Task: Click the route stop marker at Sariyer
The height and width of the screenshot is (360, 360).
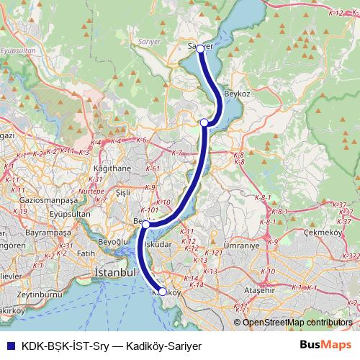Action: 200,50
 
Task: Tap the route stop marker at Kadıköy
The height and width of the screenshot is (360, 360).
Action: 163,292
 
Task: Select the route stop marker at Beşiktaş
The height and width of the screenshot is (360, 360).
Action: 145,225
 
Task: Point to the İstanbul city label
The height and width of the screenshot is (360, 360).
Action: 115,274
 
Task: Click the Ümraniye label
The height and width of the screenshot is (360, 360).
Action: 240,246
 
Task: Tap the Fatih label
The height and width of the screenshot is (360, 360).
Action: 86,253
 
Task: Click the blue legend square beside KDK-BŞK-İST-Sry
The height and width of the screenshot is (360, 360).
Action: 9,345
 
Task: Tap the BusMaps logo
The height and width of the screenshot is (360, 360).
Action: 325,345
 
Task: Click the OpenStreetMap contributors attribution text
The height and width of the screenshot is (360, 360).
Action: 292,323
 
